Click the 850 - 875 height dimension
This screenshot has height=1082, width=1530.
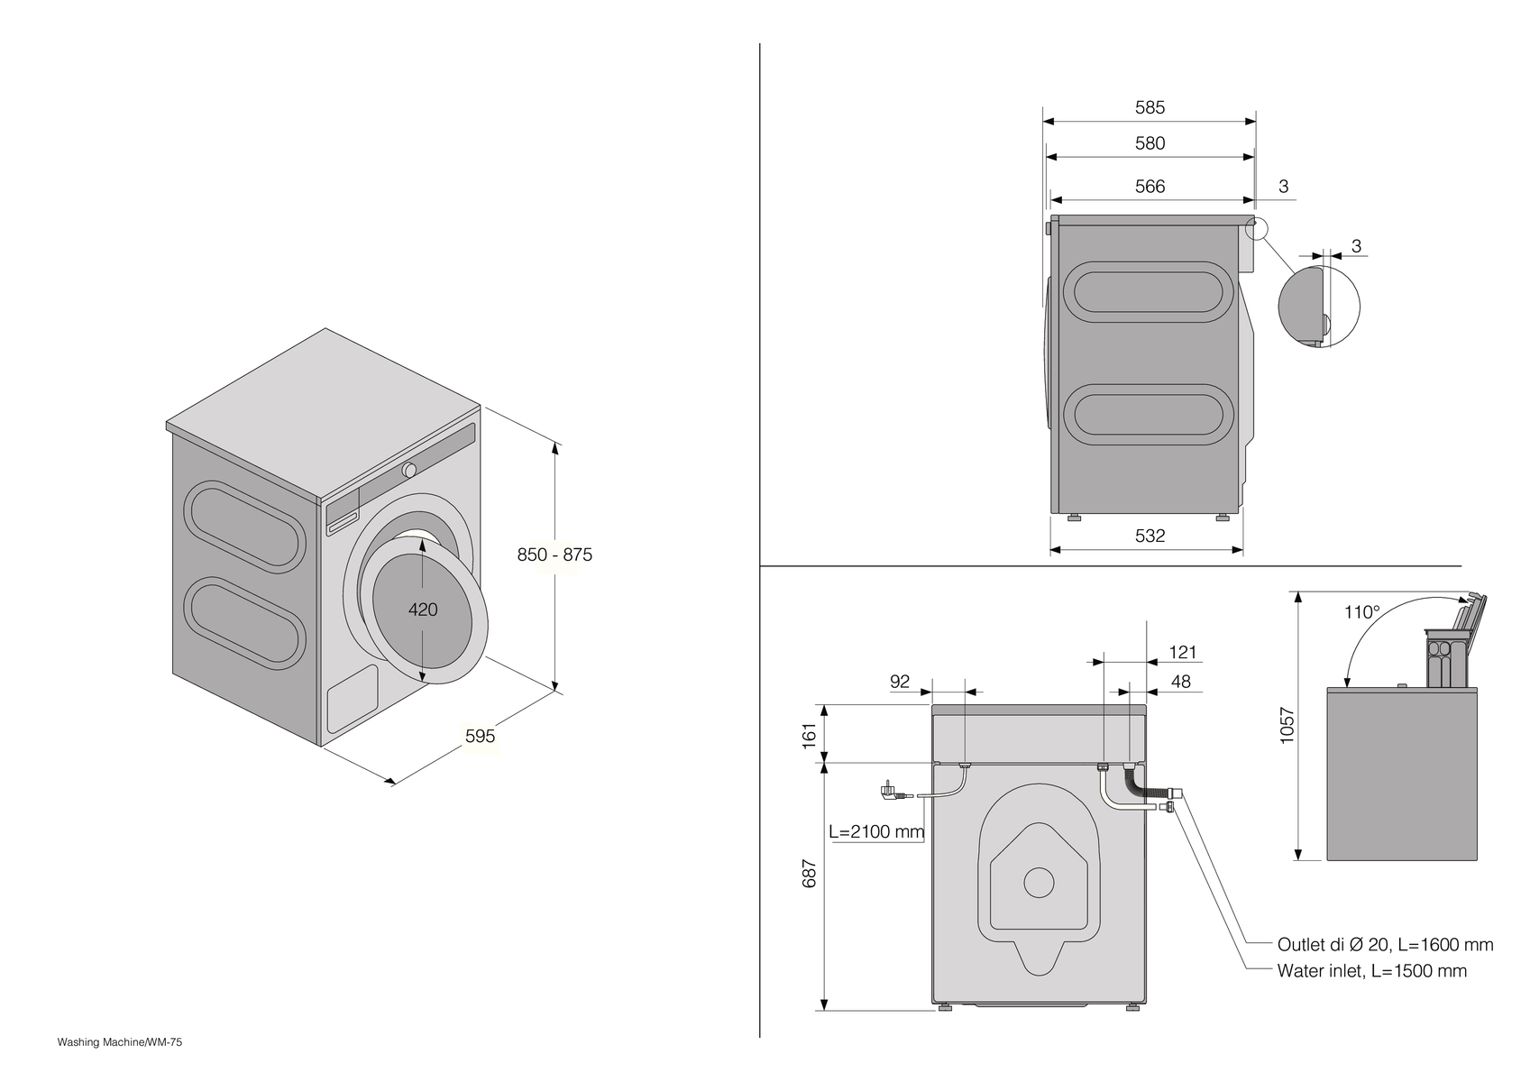(x=554, y=555)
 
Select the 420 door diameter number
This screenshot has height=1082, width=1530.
(x=423, y=610)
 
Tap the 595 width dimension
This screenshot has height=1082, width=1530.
(x=480, y=736)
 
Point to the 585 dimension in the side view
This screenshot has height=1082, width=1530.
(x=1150, y=107)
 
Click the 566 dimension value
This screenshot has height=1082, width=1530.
(x=1150, y=187)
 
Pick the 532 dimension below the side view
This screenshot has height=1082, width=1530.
(x=1150, y=536)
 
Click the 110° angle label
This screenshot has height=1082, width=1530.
(x=1361, y=612)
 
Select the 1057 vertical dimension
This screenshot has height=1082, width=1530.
(x=1287, y=725)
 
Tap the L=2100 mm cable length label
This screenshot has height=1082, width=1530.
(x=876, y=831)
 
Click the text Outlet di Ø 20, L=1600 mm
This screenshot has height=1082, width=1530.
(x=1385, y=945)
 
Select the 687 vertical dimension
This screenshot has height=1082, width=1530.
(x=809, y=873)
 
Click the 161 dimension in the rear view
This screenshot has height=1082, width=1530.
(x=809, y=734)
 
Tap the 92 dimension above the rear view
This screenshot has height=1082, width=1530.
(x=900, y=682)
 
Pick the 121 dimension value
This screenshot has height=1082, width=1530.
(x=1182, y=652)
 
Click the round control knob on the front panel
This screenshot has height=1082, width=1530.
(x=409, y=470)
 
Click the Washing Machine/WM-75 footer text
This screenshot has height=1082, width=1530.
(x=120, y=1042)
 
